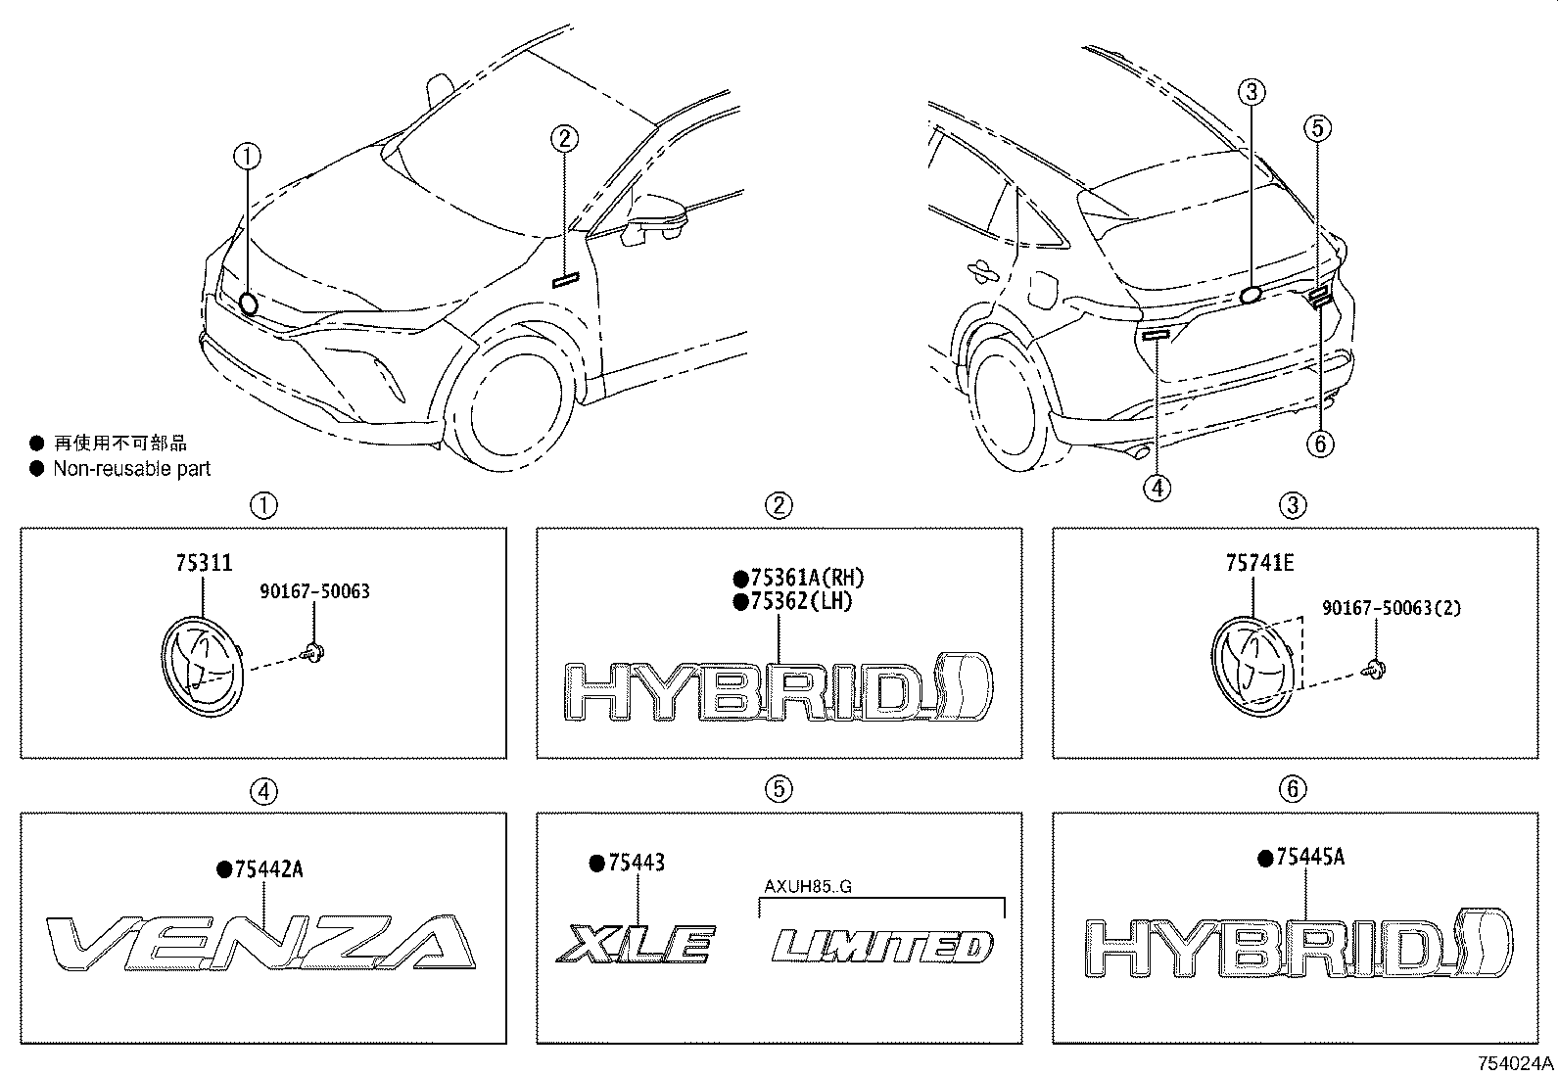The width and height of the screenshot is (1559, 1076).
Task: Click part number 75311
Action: coord(204,564)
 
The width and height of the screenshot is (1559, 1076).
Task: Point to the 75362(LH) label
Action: coord(801,601)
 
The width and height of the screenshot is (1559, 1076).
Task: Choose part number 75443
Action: coord(636,863)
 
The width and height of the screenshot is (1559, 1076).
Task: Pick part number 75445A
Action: coord(1308,858)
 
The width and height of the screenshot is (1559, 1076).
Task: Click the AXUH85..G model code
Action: coord(808,888)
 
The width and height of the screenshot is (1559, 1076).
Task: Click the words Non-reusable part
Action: coord(132,469)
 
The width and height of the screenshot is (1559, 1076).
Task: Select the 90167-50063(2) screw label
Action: coord(1392,608)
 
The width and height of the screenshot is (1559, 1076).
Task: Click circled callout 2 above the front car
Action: coord(565,138)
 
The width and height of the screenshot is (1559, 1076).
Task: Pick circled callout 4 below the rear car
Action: coord(1157,487)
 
